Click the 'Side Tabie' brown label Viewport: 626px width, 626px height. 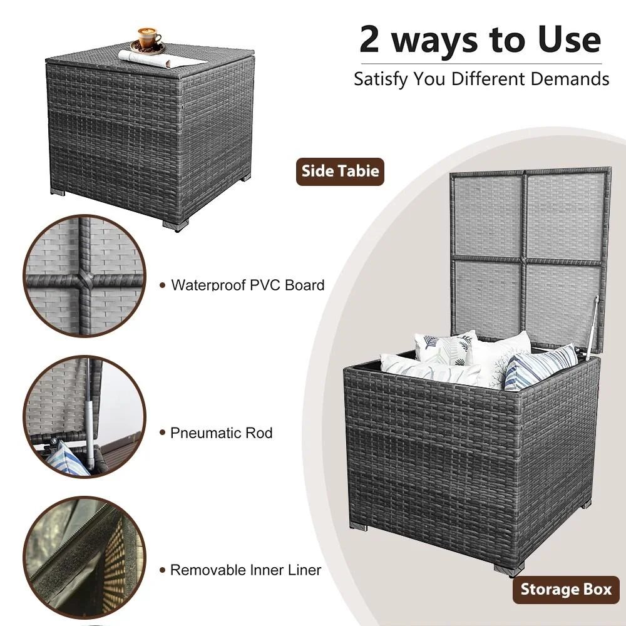click(340, 172)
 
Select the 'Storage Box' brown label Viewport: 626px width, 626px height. click(566, 590)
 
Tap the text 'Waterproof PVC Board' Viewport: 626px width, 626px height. click(247, 285)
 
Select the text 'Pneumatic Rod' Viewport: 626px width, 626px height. click(221, 433)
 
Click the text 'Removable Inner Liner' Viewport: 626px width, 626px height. click(245, 570)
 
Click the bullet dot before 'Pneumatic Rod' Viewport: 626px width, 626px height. click(162, 433)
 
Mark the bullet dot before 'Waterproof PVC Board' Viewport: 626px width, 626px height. click(162, 285)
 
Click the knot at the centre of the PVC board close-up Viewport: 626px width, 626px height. click(85, 277)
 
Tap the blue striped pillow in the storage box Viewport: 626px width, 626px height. click(540, 368)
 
